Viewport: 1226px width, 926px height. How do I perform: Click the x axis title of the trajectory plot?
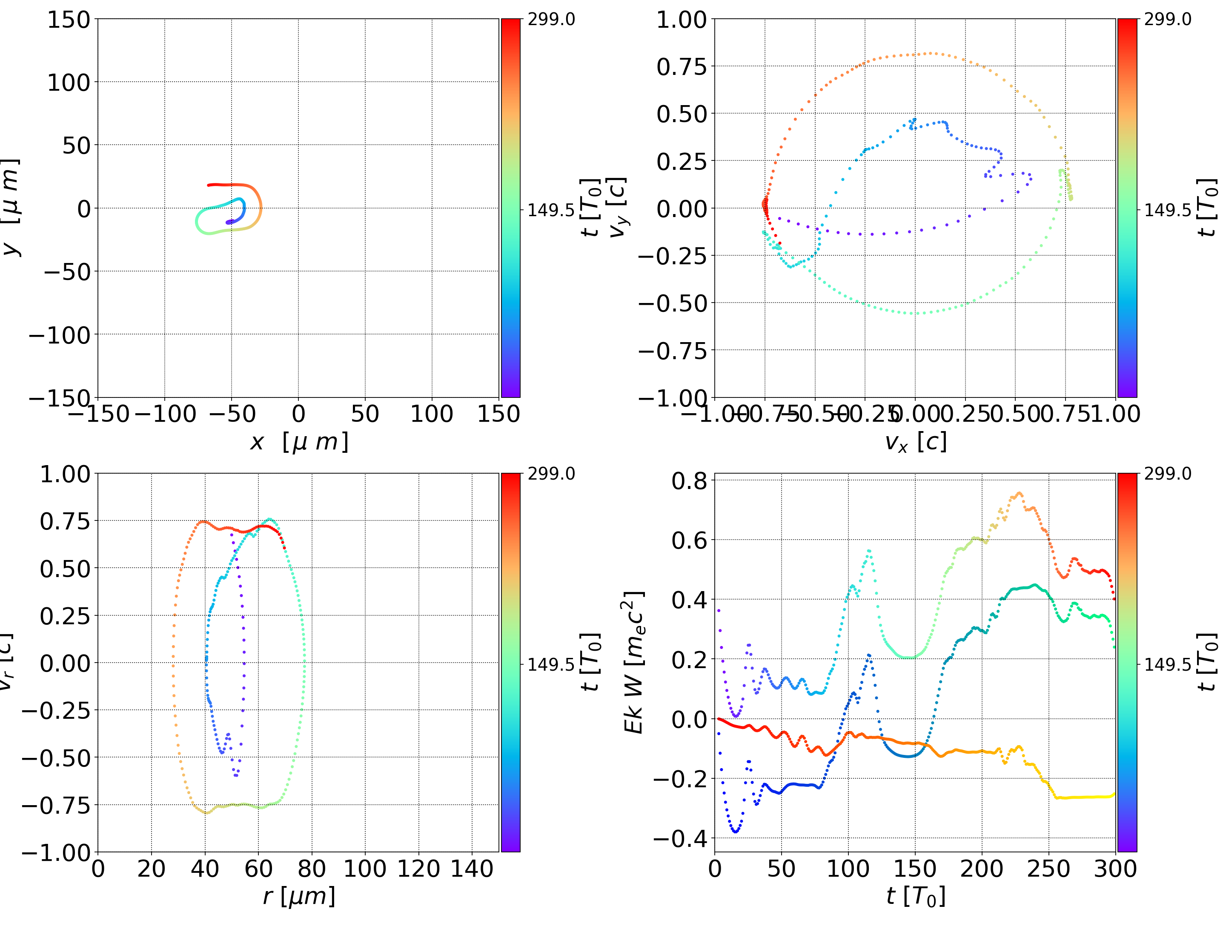[x=299, y=442]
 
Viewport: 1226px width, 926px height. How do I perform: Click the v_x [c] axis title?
[x=915, y=442]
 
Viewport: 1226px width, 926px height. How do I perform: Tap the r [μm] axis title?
[x=299, y=896]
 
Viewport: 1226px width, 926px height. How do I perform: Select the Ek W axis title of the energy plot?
[x=633, y=662]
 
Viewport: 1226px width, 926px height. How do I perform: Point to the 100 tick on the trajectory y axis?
[x=68, y=83]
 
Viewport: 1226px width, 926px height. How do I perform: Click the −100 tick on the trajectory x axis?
[x=165, y=414]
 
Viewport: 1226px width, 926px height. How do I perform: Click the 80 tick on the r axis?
[x=312, y=869]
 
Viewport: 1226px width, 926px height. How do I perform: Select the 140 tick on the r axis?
[x=472, y=869]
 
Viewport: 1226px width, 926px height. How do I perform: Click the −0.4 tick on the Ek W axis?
[x=681, y=838]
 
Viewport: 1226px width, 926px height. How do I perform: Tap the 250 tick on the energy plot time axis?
[x=1048, y=869]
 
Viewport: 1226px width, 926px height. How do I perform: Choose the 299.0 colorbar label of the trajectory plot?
[x=551, y=20]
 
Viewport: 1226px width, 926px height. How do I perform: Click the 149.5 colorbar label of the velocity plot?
[x=1167, y=210]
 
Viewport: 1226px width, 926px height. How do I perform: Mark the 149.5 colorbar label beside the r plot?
[x=551, y=664]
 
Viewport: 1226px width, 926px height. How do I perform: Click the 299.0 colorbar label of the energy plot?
[x=1167, y=474]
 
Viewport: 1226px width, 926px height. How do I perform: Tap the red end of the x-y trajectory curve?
[x=209, y=185]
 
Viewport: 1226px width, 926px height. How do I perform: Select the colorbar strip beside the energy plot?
[x=1127, y=662]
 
